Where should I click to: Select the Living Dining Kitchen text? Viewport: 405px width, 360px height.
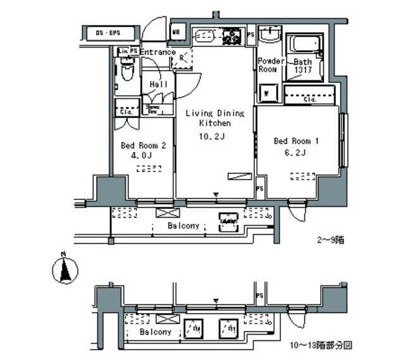pyautogui.click(x=214, y=118)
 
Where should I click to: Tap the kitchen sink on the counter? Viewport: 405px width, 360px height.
pyautogui.click(x=204, y=36)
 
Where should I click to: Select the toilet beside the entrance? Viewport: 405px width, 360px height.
pyautogui.click(x=127, y=71)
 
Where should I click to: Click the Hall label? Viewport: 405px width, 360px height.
pyautogui.click(x=159, y=85)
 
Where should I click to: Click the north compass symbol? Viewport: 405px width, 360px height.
pyautogui.click(x=63, y=271)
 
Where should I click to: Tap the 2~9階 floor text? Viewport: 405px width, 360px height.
pyautogui.click(x=330, y=240)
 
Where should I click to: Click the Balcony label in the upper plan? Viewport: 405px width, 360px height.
pyautogui.click(x=184, y=226)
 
